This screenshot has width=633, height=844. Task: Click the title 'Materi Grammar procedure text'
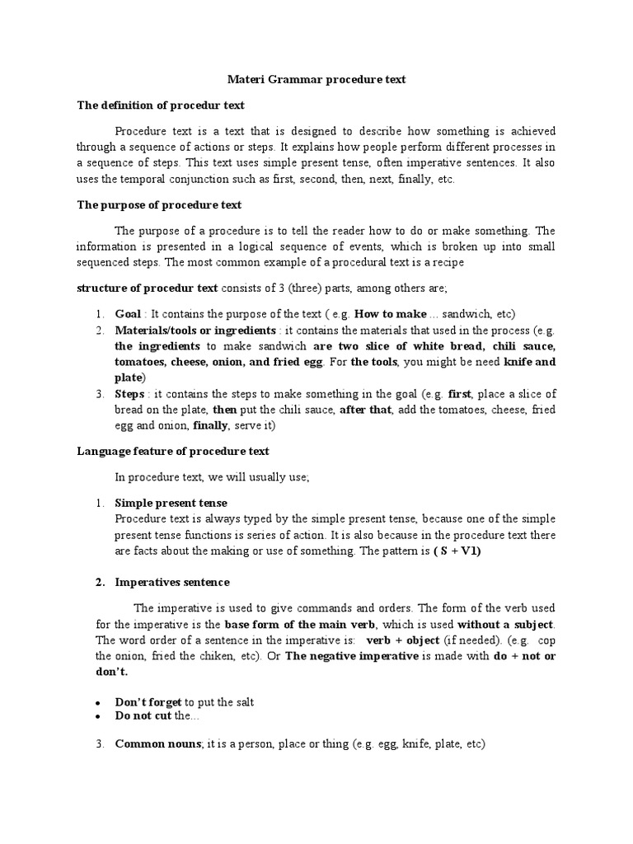pyautogui.click(x=316, y=80)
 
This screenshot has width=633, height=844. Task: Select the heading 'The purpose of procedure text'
pyautogui.click(x=159, y=204)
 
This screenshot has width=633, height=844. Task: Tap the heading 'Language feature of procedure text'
pyautogui.click(x=173, y=451)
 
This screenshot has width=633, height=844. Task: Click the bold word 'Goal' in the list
pyautogui.click(x=128, y=314)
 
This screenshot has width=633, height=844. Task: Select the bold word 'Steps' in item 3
pyautogui.click(x=130, y=395)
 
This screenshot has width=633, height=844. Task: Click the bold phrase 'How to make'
pyautogui.click(x=390, y=314)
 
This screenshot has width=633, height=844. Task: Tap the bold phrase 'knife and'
pyautogui.click(x=530, y=362)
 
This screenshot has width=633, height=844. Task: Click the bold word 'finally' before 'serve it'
pyautogui.click(x=212, y=426)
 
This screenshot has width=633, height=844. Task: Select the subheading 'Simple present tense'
pyautogui.click(x=171, y=502)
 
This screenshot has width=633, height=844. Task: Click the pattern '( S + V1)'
pyautogui.click(x=457, y=551)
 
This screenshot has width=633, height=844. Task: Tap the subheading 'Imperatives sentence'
pyautogui.click(x=172, y=582)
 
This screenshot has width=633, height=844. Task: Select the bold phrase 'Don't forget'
pyautogui.click(x=148, y=701)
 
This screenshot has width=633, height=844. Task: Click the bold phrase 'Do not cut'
pyautogui.click(x=143, y=716)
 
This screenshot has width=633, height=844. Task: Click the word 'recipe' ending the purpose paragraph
pyautogui.click(x=449, y=262)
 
